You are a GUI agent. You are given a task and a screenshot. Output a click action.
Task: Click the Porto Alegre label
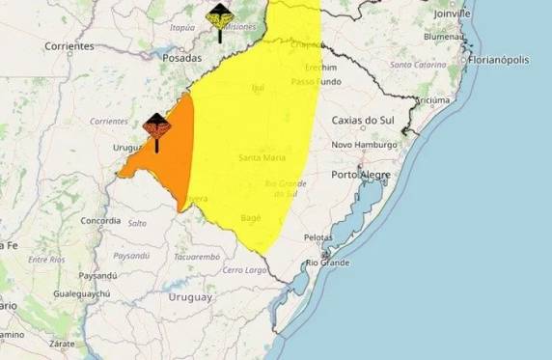click(360, 175)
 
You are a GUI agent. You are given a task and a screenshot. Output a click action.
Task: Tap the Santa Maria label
click(261, 156)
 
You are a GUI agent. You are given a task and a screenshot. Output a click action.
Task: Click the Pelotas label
click(317, 236)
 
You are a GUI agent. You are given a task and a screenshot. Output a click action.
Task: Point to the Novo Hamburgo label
click(364, 145)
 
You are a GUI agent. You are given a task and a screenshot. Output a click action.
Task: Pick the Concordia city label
click(100, 221)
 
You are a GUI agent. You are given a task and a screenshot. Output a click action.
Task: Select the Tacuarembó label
click(197, 257)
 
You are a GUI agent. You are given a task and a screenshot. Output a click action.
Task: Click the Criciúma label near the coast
click(432, 99)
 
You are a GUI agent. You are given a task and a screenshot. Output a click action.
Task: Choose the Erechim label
click(320, 68)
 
